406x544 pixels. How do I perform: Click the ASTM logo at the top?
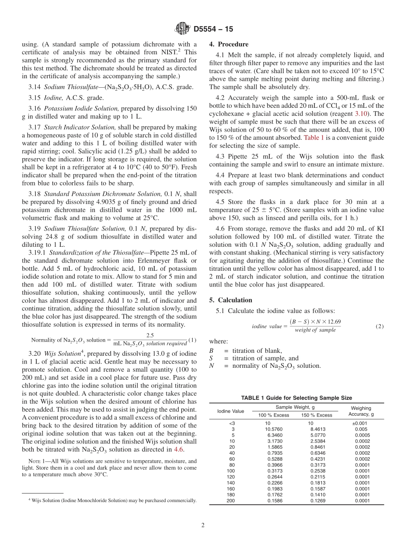[182, 29]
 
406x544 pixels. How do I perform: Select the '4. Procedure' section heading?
[229, 44]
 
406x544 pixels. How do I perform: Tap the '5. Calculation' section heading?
[230, 300]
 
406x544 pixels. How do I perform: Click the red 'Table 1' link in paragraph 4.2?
[314, 137]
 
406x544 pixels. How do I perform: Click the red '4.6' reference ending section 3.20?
[179, 449]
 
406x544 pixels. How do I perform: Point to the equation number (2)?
[380, 326]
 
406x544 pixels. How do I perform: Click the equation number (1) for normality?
[192, 340]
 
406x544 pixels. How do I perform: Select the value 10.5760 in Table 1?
[274, 429]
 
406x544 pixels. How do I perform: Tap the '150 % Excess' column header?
[317, 415]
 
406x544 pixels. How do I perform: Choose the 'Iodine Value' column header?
[231, 411]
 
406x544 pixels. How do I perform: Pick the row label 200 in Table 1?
[232, 501]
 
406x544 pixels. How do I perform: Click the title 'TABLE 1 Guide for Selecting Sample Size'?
[296, 398]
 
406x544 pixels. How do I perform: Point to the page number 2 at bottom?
[203, 525]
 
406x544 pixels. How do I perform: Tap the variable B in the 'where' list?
[211, 351]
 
